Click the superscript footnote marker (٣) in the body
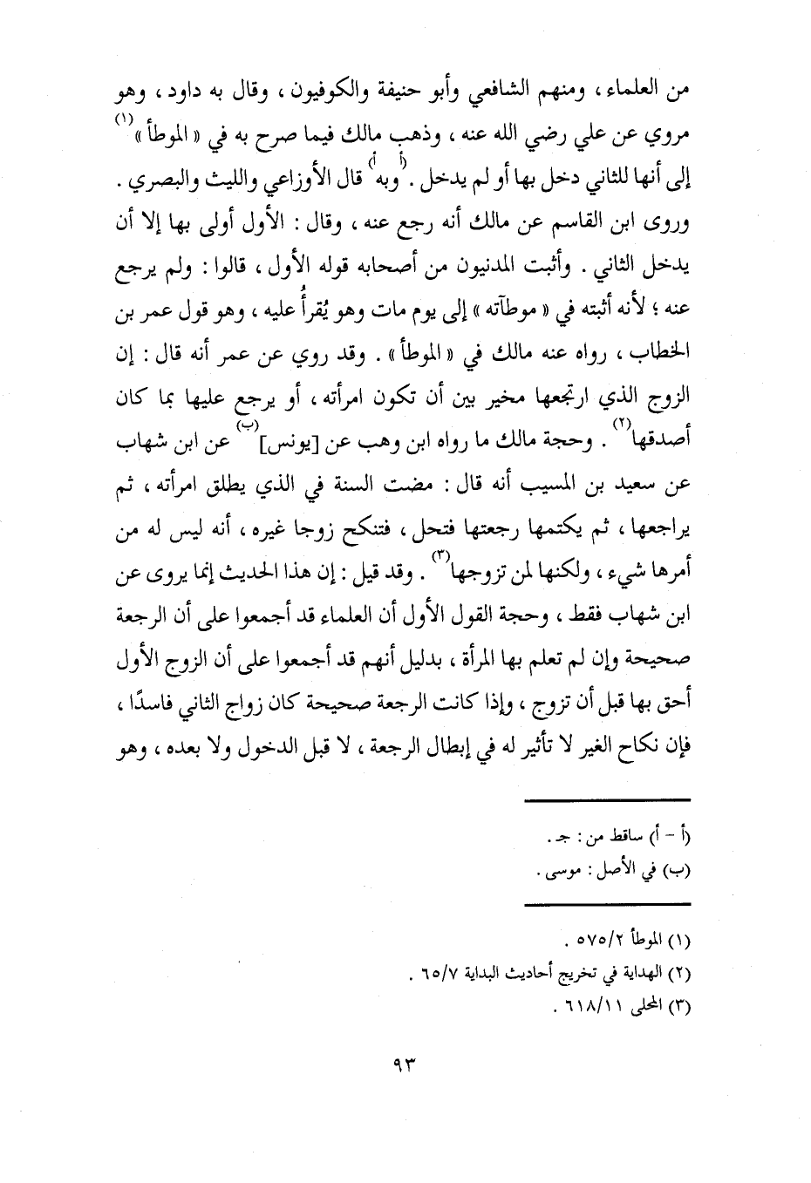(440, 557)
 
